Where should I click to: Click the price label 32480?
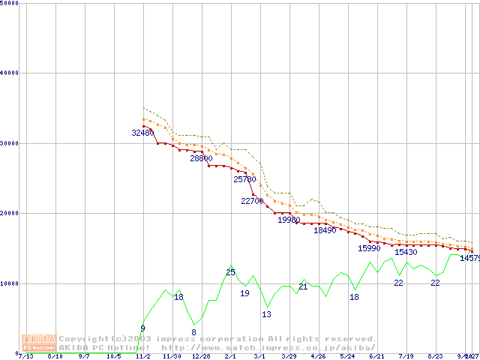coord(142,133)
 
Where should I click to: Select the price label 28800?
coord(201,159)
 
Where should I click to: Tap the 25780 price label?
coord(244,179)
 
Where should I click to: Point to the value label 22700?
coord(253,201)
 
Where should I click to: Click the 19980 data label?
coord(289,220)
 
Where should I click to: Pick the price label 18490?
coord(325,230)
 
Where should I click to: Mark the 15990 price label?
coord(369,248)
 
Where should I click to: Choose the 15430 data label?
coord(406,253)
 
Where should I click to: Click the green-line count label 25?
coord(230,272)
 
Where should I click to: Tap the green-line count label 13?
coord(266,314)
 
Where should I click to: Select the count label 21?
coord(303,286)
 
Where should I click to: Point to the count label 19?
coord(244,293)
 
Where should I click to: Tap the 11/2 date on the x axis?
coord(143,357)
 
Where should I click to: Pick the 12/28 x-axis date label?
coord(201,357)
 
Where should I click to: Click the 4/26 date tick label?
coord(318,357)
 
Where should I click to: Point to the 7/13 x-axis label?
coord(26,357)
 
